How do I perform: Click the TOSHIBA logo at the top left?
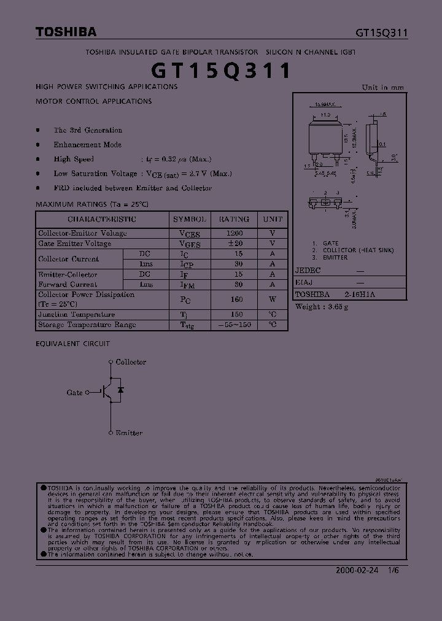click(66, 32)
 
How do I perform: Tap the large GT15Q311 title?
click(221, 71)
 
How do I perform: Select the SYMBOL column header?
click(190, 219)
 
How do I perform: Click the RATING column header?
click(235, 219)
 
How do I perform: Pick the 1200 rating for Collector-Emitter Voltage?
click(235, 233)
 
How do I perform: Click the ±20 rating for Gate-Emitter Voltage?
click(235, 244)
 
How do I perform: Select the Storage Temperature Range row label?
click(87, 325)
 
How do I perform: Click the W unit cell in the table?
click(273, 299)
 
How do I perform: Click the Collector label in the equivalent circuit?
click(131, 362)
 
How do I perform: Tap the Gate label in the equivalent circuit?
click(74, 392)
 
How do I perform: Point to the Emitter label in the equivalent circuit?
click(129, 433)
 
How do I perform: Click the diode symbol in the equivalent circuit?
click(121, 390)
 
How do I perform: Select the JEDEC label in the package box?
click(308, 270)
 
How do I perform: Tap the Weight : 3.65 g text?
click(322, 306)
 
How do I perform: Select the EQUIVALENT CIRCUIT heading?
click(73, 344)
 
